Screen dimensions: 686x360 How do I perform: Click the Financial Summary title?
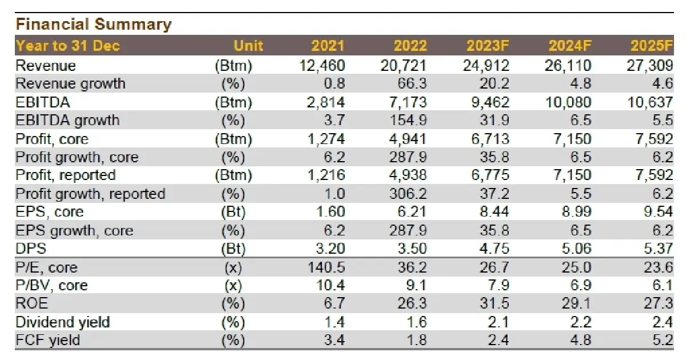point(93,24)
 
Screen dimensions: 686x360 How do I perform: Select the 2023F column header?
point(488,46)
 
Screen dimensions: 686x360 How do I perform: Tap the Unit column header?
point(248,46)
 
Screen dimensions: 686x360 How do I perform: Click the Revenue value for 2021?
point(322,66)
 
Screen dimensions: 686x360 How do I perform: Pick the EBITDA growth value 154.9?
point(408,121)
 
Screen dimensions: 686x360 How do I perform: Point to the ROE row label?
point(32,303)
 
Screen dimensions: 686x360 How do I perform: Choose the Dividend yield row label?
point(62,322)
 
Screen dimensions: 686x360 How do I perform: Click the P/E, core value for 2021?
point(326,267)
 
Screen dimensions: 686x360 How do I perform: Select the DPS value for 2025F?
point(658,248)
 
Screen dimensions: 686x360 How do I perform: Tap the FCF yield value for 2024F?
point(581,340)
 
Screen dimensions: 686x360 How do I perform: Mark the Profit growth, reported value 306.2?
point(408,194)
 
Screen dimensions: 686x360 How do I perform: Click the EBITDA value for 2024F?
point(568,102)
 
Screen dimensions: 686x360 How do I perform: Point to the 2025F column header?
point(652,46)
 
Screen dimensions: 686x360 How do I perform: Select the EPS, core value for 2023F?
point(494,212)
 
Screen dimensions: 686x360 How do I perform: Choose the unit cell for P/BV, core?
point(233,286)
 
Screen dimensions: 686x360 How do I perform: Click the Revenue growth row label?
point(70,83)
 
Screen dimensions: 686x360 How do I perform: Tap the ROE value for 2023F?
point(494,303)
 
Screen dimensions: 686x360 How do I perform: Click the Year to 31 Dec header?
point(67,46)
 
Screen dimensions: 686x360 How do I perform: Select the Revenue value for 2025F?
point(650,66)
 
